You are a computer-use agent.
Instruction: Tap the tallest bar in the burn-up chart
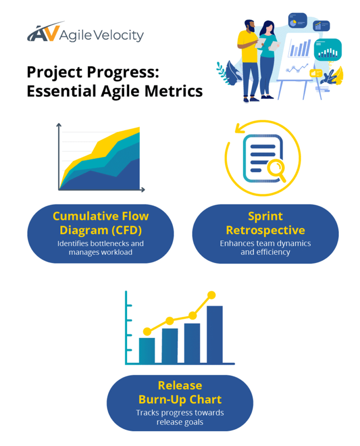click(215, 334)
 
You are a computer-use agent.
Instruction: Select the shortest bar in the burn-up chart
click(147, 350)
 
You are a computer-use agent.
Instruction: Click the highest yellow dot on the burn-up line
click(211, 295)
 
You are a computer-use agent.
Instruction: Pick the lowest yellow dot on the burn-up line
click(147, 332)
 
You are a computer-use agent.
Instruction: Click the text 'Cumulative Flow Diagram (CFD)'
click(101, 223)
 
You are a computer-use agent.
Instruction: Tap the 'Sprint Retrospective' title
click(265, 223)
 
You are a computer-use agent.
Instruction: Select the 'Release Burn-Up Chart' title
click(179, 392)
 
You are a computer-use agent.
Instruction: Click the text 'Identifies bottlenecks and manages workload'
click(101, 248)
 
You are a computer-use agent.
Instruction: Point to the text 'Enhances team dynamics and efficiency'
click(265, 248)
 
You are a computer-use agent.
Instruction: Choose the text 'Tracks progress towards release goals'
click(179, 418)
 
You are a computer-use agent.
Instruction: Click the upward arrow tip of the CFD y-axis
click(59, 125)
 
